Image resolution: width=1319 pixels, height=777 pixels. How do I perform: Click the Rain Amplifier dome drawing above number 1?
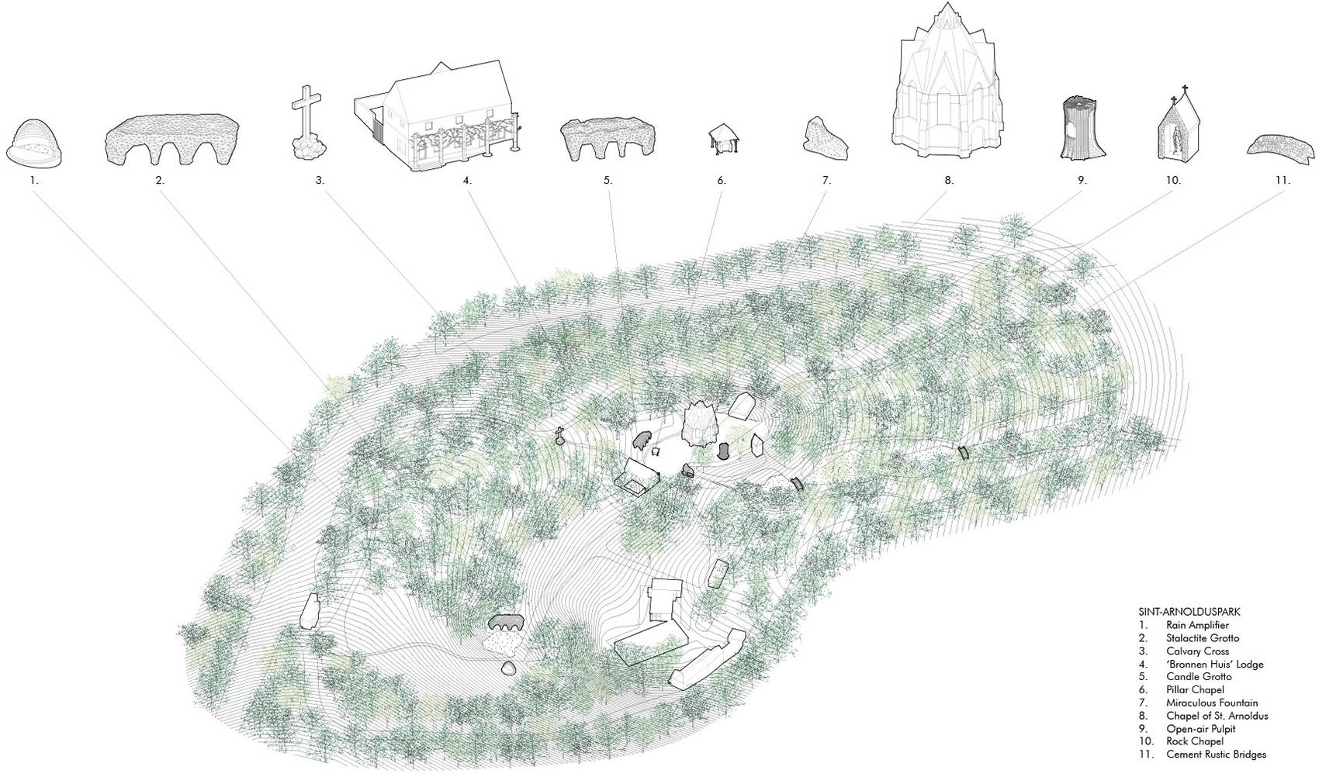pyautogui.click(x=34, y=142)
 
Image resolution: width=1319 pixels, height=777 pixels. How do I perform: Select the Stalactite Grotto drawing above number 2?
pyautogui.click(x=172, y=139)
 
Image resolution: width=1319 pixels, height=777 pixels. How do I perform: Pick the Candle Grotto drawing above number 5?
pyautogui.click(x=608, y=139)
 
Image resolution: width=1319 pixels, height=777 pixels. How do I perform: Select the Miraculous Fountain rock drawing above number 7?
pyautogui.click(x=824, y=138)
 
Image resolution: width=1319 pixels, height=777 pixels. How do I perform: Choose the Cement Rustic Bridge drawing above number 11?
pyautogui.click(x=1282, y=146)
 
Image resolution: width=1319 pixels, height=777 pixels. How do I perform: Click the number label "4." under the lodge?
pyautogui.click(x=467, y=181)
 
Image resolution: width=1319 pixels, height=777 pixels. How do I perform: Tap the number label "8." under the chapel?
pyautogui.click(x=949, y=181)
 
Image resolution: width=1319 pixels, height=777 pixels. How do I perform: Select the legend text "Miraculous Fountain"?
pyautogui.click(x=1212, y=703)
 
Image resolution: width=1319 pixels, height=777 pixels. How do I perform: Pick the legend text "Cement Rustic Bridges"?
pyautogui.click(x=1216, y=754)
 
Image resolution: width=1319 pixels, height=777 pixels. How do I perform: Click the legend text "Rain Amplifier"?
pyautogui.click(x=1196, y=625)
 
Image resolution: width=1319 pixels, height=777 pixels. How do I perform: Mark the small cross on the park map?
pyautogui.click(x=559, y=435)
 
